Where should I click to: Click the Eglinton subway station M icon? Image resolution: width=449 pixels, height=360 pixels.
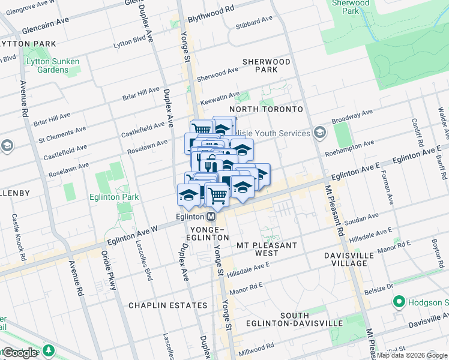click(x=211, y=217)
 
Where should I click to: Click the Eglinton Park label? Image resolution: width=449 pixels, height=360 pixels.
click(x=113, y=197)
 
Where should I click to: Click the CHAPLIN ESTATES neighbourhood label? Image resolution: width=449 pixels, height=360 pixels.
click(x=167, y=305)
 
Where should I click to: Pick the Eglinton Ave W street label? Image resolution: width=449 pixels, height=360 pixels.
click(x=131, y=233)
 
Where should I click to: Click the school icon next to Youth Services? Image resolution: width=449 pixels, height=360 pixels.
click(x=319, y=133)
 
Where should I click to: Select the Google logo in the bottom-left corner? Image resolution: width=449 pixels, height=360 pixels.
click(x=20, y=353)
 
